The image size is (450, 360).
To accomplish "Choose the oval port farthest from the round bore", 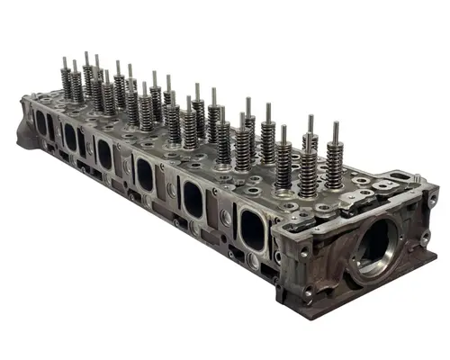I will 41,123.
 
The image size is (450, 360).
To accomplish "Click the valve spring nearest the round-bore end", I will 334,167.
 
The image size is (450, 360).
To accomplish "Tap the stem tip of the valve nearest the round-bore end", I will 335,126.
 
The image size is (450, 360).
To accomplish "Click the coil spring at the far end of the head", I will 66,85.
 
